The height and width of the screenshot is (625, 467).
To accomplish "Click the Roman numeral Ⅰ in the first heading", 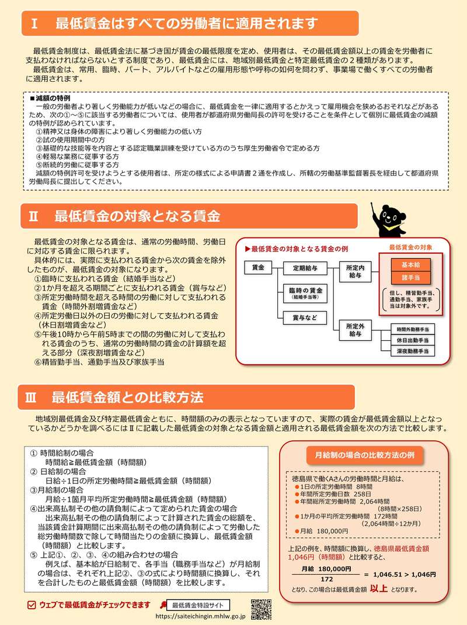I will click(35, 24).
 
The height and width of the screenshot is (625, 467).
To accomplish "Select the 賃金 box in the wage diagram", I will click(258, 268).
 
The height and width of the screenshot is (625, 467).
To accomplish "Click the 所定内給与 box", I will click(355, 271).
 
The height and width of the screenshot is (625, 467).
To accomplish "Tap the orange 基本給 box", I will click(411, 264).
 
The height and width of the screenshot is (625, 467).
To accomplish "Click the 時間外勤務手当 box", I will click(412, 329).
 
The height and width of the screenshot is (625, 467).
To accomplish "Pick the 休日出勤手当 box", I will click(412, 340).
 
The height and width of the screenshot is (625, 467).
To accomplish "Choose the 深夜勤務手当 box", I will click(412, 351).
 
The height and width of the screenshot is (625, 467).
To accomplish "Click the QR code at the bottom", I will click(261, 609).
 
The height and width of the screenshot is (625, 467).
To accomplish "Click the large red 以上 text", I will click(379, 589).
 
